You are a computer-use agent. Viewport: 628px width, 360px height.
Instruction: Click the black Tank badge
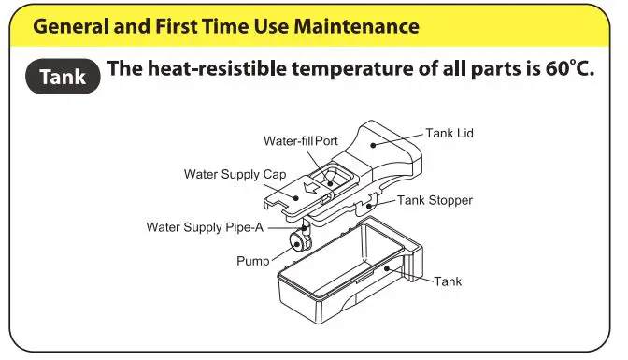click(x=63, y=76)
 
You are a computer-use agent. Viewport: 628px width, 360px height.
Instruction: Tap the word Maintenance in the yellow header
click(x=356, y=26)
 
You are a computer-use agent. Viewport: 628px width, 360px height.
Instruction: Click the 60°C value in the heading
click(x=569, y=67)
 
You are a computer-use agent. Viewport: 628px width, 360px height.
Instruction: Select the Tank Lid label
click(x=449, y=133)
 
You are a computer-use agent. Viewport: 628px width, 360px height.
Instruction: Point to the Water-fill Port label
click(x=300, y=140)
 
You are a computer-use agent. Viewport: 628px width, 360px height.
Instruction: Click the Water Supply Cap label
click(x=235, y=174)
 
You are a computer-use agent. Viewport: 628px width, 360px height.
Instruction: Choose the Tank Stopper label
click(x=435, y=200)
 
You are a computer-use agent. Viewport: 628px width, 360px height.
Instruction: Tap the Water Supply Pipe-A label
click(x=205, y=227)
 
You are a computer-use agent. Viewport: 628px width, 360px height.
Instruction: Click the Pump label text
click(x=252, y=261)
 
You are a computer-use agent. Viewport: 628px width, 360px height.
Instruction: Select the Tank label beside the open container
click(x=448, y=281)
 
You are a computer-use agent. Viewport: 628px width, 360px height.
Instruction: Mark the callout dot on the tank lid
click(x=373, y=145)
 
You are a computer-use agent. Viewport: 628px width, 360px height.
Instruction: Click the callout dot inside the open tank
click(x=387, y=268)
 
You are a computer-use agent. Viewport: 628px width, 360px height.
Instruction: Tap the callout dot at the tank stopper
click(x=369, y=206)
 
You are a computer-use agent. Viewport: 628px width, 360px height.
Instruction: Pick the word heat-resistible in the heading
click(x=217, y=68)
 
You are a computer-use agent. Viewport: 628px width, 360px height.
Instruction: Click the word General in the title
click(x=71, y=26)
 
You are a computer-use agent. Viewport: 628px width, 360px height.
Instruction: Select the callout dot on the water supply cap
click(x=296, y=197)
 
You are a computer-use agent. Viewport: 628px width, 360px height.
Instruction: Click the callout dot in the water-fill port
click(x=330, y=184)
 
